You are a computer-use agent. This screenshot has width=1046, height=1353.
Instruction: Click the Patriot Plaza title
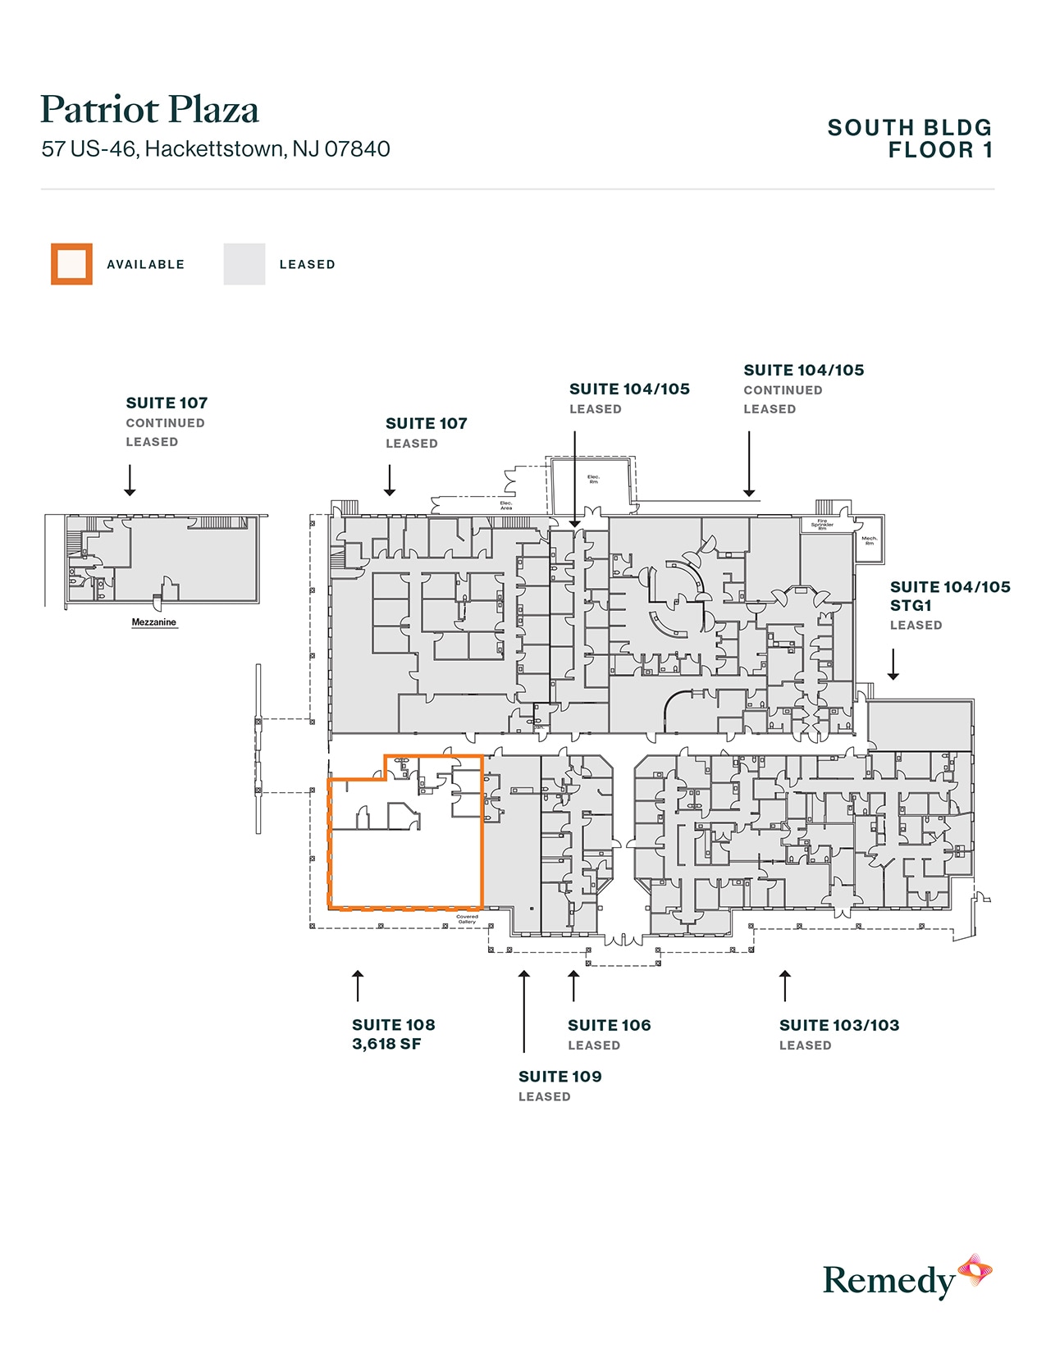click(149, 110)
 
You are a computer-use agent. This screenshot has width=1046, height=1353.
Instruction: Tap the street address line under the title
click(216, 149)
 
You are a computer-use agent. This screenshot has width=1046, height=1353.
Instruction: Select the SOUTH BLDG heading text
click(909, 128)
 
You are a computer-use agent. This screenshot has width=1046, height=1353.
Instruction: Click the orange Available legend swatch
click(71, 264)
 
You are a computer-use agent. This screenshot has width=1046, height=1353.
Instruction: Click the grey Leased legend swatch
click(244, 264)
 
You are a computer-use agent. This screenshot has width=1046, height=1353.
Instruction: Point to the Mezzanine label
click(154, 622)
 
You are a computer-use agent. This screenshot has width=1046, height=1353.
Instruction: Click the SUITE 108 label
click(394, 1025)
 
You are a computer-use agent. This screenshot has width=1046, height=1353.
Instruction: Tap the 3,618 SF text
click(386, 1044)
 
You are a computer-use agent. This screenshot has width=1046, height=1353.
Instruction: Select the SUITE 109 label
click(560, 1077)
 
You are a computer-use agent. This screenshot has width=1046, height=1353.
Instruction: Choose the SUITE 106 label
click(610, 1025)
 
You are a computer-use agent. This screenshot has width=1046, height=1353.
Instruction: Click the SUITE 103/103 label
click(839, 1025)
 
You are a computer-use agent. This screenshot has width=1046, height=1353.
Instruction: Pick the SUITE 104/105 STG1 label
click(950, 596)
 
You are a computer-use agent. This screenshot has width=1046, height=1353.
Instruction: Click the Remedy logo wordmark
click(889, 1281)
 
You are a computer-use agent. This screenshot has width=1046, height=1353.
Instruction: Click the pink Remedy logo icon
click(975, 1271)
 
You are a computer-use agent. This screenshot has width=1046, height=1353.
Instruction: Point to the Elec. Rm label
click(593, 479)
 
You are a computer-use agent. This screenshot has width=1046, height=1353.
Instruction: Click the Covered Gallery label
click(467, 919)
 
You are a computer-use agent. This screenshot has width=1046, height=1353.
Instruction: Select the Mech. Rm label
click(869, 540)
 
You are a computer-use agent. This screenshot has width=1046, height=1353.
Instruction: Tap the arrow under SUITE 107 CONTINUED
click(130, 481)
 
